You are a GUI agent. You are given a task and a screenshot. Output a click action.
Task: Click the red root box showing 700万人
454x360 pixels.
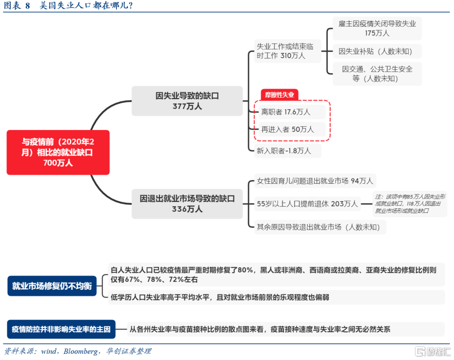58,152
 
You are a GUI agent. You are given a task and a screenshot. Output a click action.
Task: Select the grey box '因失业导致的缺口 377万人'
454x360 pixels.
187,101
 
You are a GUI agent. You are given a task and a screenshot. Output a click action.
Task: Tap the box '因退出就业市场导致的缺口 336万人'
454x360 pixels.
187,204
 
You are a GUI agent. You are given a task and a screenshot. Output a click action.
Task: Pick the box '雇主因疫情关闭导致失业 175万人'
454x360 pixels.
377,28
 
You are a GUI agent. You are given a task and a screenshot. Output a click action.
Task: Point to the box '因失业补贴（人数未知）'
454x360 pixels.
377,52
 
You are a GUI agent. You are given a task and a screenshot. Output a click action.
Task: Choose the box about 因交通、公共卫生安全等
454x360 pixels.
377,74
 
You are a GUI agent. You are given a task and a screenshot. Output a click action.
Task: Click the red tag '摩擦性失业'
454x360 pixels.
280,95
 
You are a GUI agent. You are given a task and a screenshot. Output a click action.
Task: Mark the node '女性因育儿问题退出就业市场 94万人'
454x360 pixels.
315,181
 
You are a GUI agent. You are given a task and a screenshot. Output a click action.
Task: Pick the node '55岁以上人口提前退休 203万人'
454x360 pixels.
307,204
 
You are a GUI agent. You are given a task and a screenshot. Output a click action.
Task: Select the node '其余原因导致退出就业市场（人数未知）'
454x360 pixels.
318,227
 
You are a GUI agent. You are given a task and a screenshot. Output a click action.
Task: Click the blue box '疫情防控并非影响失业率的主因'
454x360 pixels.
61,329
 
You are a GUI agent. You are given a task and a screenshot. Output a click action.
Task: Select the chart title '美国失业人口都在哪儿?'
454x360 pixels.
86,6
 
